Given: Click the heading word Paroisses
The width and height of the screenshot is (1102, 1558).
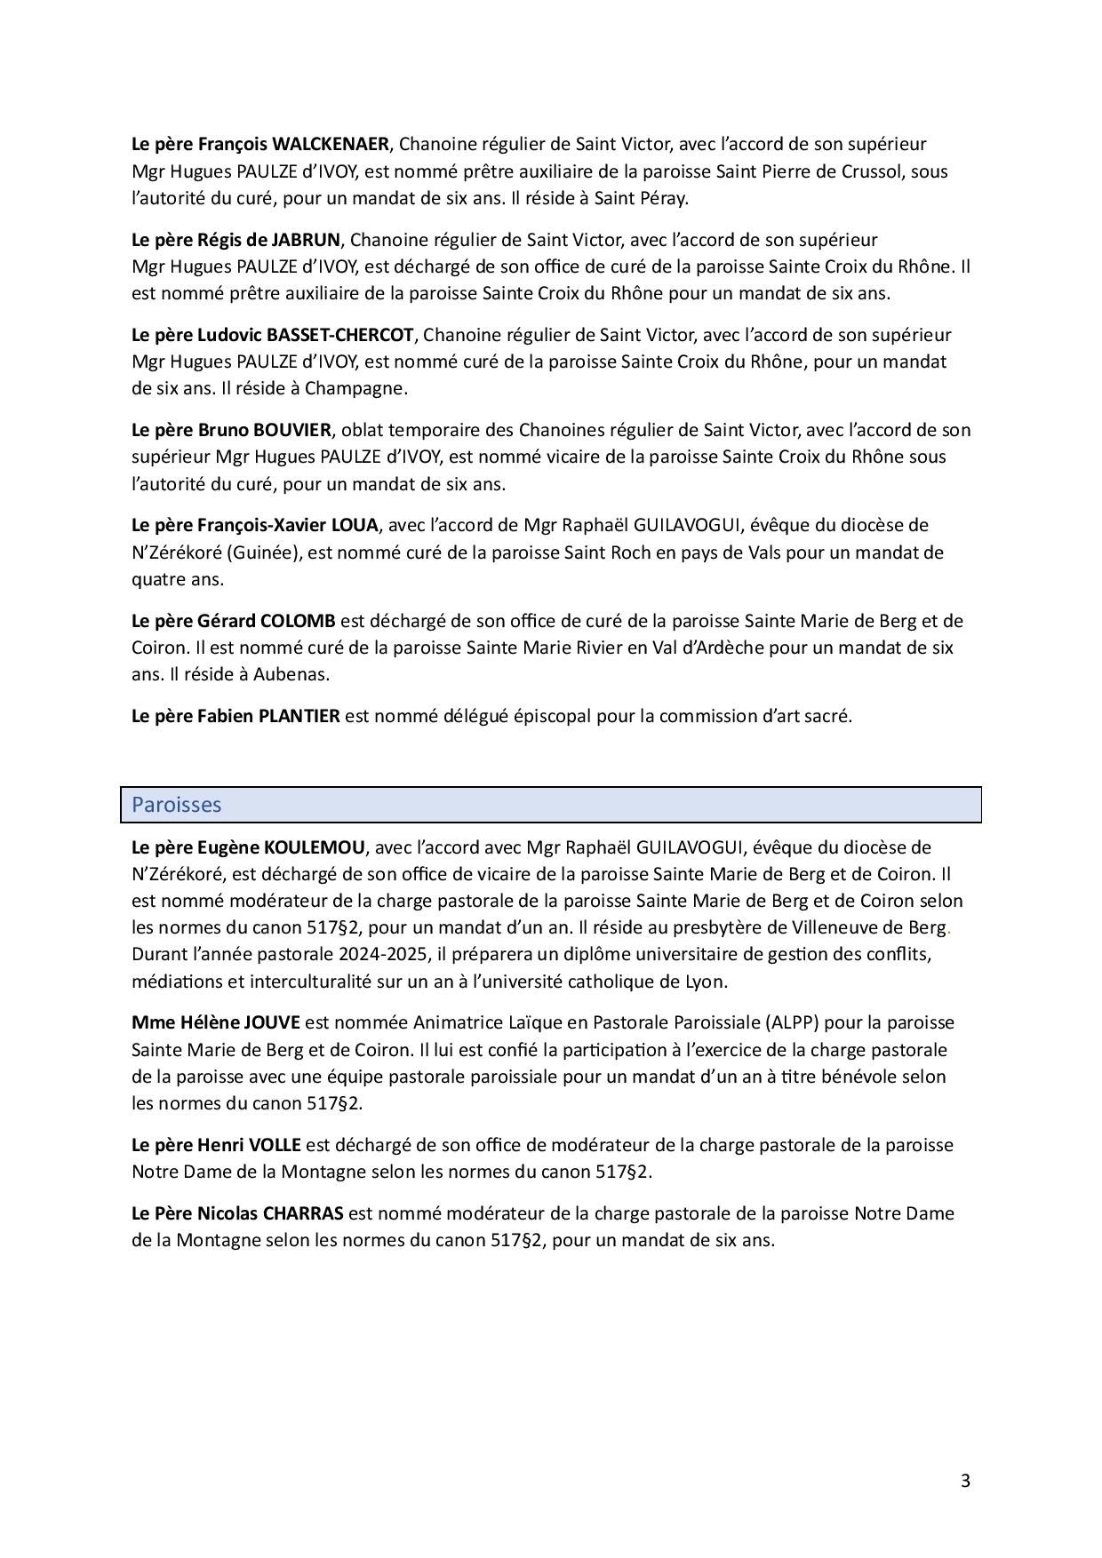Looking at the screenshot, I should tap(176, 805).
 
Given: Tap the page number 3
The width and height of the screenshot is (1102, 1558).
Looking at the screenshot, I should tap(965, 1481).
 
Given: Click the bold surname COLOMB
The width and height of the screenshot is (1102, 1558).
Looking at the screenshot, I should tap(298, 620).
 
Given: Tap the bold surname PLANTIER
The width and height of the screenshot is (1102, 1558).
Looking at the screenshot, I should tap(299, 715).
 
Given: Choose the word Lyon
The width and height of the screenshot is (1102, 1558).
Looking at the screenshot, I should tap(707, 982).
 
